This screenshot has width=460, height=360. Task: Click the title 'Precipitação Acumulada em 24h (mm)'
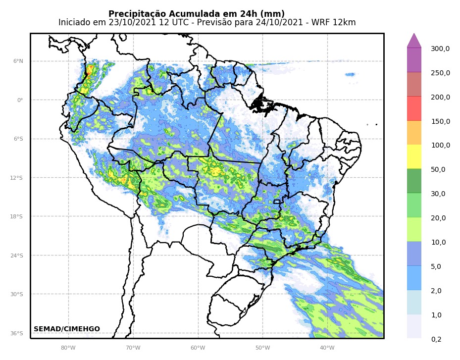(x=197, y=14)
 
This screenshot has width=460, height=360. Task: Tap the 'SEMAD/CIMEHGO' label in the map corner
(x=67, y=329)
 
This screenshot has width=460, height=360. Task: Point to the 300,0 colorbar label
(x=440, y=49)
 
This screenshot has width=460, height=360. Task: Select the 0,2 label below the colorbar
(x=436, y=339)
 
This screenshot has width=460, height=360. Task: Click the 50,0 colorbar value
(x=438, y=169)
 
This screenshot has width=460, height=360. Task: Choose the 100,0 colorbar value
(x=440, y=145)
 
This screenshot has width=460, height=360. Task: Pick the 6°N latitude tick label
(x=18, y=61)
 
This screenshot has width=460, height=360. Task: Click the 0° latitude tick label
(x=20, y=100)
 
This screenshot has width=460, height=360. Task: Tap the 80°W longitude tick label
(x=68, y=347)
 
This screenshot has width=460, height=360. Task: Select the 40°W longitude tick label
(x=327, y=347)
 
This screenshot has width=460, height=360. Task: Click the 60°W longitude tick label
(x=198, y=347)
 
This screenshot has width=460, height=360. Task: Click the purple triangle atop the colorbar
(x=414, y=41)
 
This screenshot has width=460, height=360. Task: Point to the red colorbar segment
(x=414, y=108)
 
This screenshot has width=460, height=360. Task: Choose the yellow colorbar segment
(x=414, y=156)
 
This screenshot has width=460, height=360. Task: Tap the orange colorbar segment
(x=414, y=133)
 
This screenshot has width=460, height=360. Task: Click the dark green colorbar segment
(x=414, y=181)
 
